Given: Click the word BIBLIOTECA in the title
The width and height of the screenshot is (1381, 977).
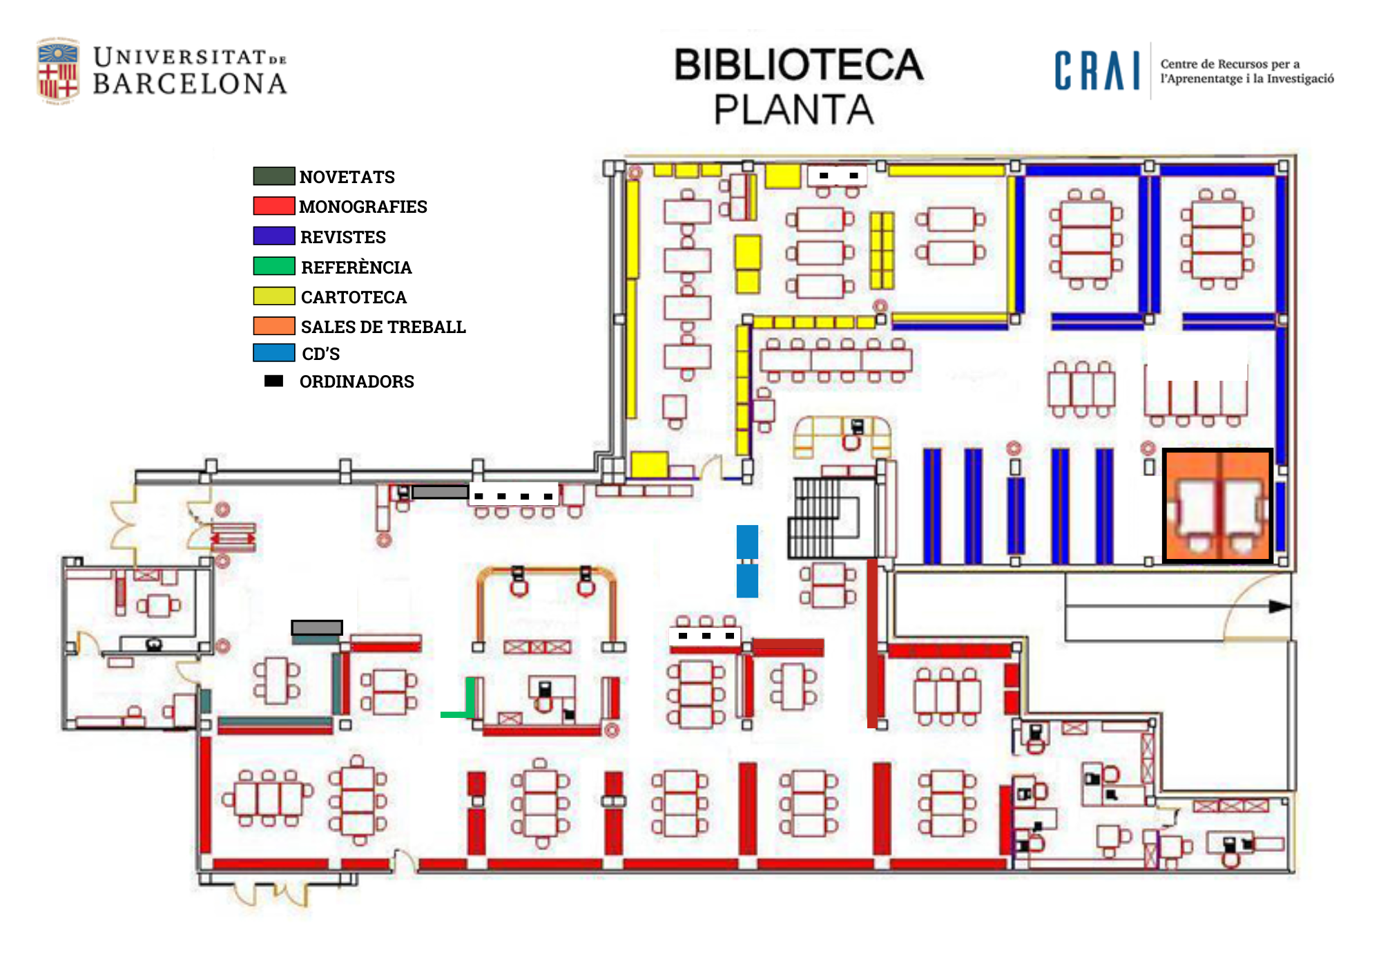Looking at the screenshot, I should tap(798, 65).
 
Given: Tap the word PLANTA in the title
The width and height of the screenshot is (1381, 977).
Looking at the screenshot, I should tap(794, 110).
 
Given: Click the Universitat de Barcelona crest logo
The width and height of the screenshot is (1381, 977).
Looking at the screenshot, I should tap(57, 71).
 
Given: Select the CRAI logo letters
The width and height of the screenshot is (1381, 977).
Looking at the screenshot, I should tap(1097, 71).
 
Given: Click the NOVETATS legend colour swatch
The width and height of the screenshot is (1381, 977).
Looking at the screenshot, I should tap(273, 176).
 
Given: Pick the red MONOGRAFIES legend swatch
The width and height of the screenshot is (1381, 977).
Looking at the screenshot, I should tap(273, 206).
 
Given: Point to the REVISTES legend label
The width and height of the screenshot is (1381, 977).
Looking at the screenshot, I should tap(342, 237).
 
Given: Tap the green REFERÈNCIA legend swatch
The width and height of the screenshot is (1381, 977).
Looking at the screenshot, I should tap(273, 266).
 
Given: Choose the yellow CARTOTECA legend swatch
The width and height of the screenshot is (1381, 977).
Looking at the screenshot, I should tap(273, 296).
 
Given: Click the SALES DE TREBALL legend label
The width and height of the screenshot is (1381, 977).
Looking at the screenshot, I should tap(383, 327).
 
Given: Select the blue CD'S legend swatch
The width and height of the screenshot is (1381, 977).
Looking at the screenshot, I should tap(273, 353).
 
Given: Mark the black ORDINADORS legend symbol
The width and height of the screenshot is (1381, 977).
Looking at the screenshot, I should tap(273, 381).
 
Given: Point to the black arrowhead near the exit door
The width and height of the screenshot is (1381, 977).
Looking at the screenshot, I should tap(1279, 607).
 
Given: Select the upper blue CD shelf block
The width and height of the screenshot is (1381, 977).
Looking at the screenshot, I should tap(747, 542).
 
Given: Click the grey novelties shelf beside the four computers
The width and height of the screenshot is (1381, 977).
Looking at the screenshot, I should tap(440, 492).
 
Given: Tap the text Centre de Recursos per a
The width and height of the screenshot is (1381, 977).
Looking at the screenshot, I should tap(1230, 64).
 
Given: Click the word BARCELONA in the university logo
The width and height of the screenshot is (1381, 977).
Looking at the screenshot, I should tap(190, 84).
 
